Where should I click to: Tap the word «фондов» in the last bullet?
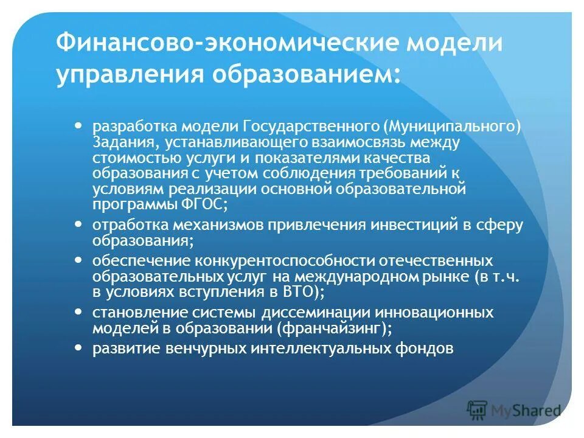click(x=431, y=349)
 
